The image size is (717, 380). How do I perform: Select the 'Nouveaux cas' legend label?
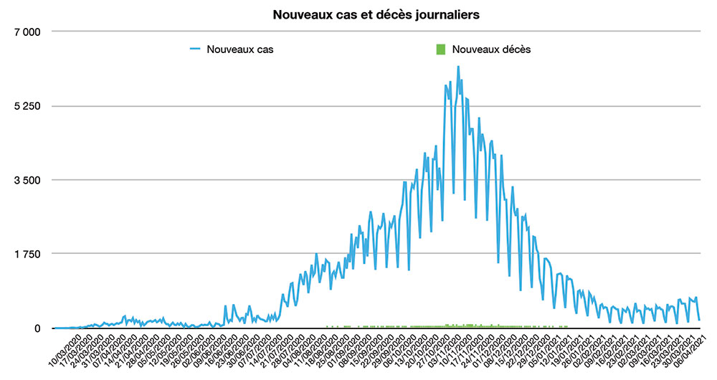click(240, 49)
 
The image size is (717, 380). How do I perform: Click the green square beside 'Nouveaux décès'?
click(441, 49)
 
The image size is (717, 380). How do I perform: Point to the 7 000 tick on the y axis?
click(27, 32)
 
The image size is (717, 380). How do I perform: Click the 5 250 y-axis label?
click(27, 106)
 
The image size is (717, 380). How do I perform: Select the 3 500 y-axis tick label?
click(27, 180)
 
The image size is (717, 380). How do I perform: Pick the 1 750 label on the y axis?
click(27, 254)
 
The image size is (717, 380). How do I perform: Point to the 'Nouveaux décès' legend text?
click(493, 49)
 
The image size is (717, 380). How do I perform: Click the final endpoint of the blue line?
click(699, 320)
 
